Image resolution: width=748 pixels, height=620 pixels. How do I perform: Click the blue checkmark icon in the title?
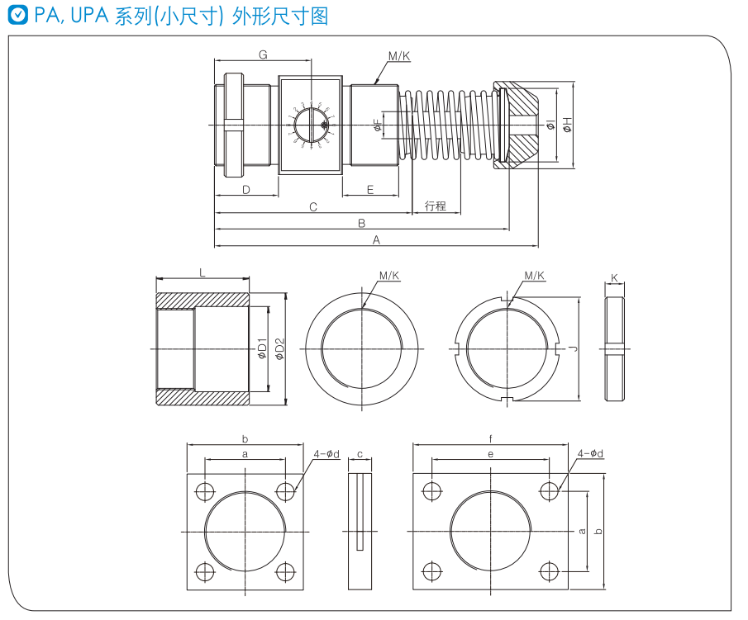[x=17, y=16]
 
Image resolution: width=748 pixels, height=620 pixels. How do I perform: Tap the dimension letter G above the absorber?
[x=263, y=54]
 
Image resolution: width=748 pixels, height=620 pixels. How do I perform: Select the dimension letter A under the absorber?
[x=376, y=240]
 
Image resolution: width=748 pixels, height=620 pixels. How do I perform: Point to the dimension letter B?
[x=361, y=223]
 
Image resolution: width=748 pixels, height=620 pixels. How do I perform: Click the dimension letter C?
[x=313, y=206]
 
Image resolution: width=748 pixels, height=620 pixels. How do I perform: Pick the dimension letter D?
[x=246, y=190]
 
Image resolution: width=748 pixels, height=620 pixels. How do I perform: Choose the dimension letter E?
[x=370, y=190]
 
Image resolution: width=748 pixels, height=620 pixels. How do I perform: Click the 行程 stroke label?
[x=436, y=206]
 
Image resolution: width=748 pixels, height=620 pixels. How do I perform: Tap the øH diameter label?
[x=568, y=125]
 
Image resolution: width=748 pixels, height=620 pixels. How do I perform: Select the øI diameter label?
[x=550, y=125]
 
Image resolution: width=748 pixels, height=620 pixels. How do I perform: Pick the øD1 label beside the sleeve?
[x=262, y=349]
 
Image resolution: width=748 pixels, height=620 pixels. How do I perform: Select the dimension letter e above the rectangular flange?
[x=490, y=454]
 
